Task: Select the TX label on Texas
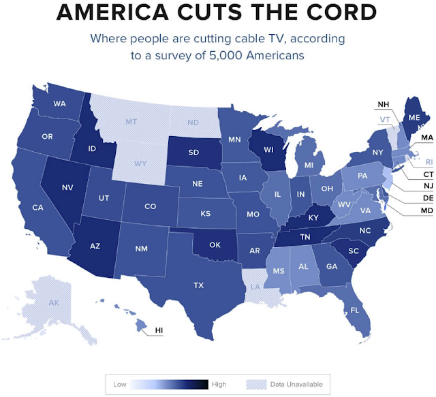tap(199, 285)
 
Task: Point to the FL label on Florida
tap(355, 310)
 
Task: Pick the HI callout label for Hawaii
tap(159, 330)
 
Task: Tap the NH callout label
tap(384, 104)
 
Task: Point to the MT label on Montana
tap(131, 122)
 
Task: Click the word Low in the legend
tap(120, 384)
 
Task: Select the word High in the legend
tap(219, 384)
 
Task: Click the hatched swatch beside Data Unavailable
tap(253, 384)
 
